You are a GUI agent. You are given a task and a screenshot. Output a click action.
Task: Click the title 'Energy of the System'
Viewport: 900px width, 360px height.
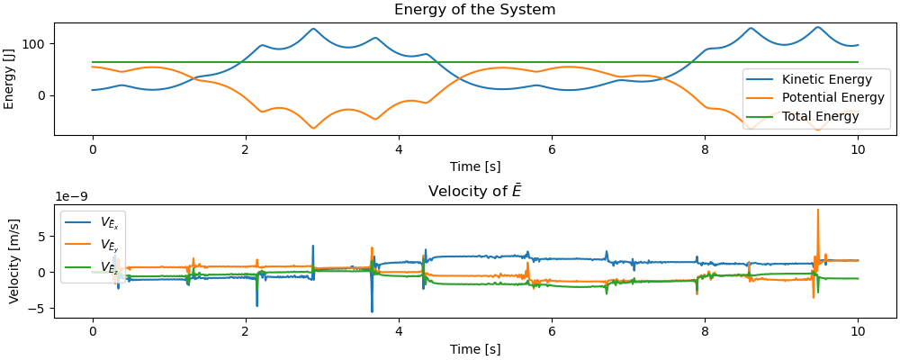pyautogui.click(x=474, y=10)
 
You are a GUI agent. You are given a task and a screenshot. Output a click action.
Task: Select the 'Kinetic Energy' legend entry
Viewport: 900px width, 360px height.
pyautogui.click(x=820, y=79)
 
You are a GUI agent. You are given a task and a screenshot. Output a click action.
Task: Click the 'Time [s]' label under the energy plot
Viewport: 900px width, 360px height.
pyautogui.click(x=474, y=166)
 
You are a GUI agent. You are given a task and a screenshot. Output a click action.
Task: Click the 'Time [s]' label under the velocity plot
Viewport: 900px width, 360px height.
pyautogui.click(x=474, y=348)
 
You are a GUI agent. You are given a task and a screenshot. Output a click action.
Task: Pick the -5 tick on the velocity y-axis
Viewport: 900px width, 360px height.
pyautogui.click(x=40, y=309)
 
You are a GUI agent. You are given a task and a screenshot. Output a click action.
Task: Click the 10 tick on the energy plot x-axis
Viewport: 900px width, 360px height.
pyautogui.click(x=858, y=151)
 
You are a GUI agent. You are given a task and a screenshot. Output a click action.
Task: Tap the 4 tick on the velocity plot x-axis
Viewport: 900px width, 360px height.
pyautogui.click(x=399, y=331)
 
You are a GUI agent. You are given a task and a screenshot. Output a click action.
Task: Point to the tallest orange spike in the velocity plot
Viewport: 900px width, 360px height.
pyautogui.click(x=817, y=211)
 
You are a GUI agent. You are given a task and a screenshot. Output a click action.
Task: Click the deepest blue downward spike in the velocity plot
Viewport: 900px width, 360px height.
pyautogui.click(x=372, y=311)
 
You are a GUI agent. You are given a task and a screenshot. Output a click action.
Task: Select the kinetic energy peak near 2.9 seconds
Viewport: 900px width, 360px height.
pyautogui.click(x=313, y=29)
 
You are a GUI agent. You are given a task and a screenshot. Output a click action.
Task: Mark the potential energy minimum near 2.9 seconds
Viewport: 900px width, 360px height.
pyautogui.click(x=313, y=128)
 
